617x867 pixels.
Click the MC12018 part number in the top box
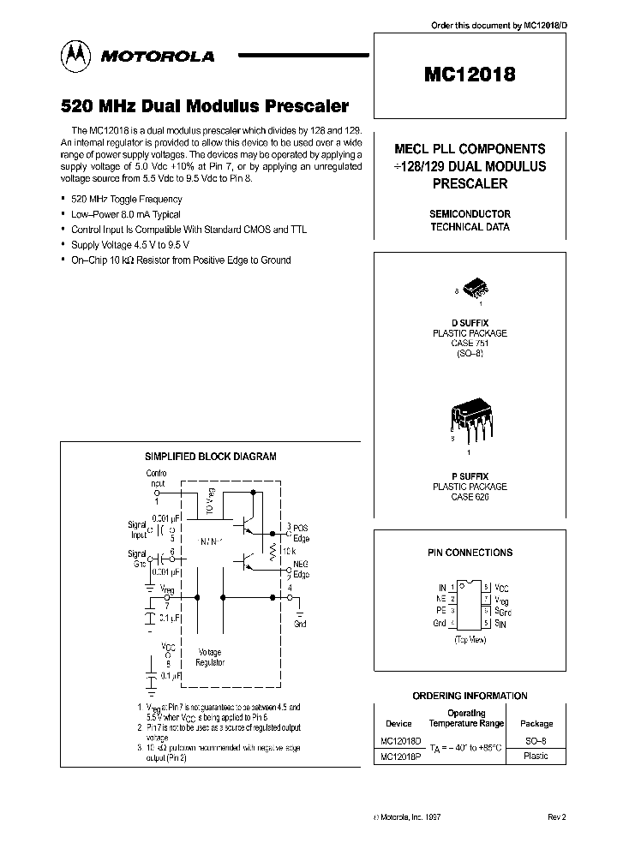(470, 75)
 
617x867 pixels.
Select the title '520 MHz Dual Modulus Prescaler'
(204, 107)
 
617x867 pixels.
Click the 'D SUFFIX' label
(470, 322)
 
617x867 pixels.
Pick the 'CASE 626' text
(470, 497)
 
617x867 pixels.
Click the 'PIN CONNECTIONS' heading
(470, 553)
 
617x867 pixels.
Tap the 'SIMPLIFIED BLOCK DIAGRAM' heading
(210, 457)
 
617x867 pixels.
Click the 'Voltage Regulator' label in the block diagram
(210, 657)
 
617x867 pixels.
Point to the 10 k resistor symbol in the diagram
(276, 552)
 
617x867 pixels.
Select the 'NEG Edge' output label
(301, 569)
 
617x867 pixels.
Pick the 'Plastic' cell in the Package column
(535, 756)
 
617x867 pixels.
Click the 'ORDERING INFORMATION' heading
(470, 696)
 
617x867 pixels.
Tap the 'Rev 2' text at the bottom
(556, 817)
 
